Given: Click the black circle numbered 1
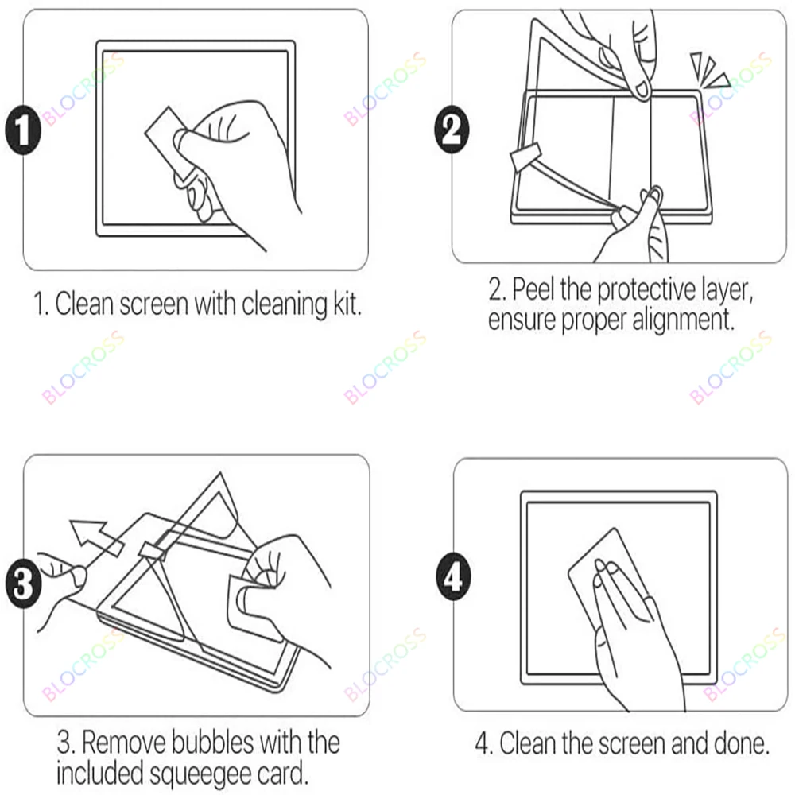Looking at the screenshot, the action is tap(23, 130).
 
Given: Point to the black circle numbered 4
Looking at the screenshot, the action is tap(453, 576).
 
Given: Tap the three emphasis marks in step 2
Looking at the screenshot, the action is tap(710, 71).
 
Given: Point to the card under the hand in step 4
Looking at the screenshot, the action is tap(608, 578).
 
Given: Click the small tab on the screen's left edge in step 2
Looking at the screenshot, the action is tap(525, 157).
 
